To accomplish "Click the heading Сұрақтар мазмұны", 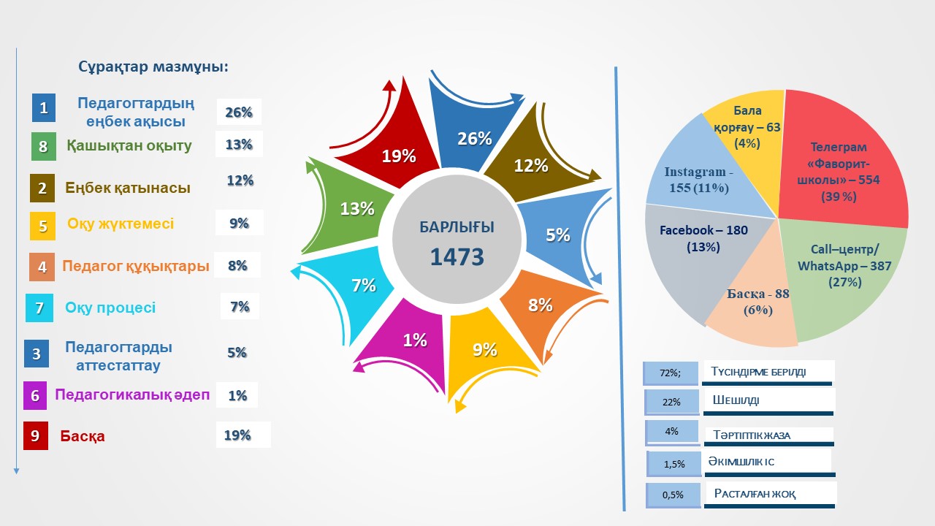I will click(x=153, y=67).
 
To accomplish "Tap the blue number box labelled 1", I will click(x=44, y=108).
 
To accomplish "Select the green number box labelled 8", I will click(x=43, y=146).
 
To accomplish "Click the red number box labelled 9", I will click(x=35, y=435).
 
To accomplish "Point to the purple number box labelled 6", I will click(x=35, y=395).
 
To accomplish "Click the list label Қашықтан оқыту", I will click(x=129, y=145).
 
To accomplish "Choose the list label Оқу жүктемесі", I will click(x=121, y=224).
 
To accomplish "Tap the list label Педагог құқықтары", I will click(x=136, y=266).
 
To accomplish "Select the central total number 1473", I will click(x=457, y=256).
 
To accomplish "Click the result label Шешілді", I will click(x=731, y=400).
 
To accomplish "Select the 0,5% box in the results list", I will click(x=673, y=495).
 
